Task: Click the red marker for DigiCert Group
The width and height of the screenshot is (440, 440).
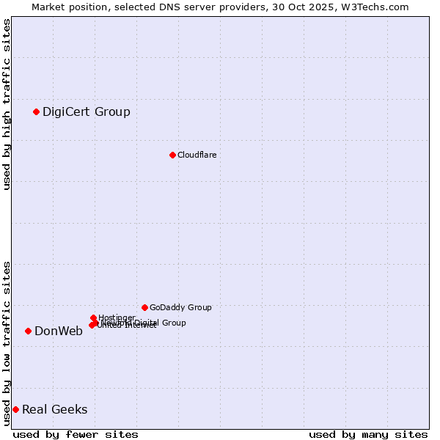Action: [x=36, y=111]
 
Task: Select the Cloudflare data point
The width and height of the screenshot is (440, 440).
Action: [x=172, y=155]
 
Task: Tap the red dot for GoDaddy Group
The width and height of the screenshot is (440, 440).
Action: [x=144, y=307]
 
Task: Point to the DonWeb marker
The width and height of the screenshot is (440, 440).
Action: [x=28, y=331]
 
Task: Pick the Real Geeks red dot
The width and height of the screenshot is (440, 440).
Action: [x=15, y=409]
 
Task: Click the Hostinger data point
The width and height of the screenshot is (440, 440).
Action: [x=93, y=318]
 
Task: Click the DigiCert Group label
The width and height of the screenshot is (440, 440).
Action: [x=86, y=111]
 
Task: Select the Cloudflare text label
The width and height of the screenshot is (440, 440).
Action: [x=197, y=155]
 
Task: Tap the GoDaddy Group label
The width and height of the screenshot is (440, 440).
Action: [x=180, y=307]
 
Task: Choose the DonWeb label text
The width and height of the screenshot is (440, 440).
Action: [x=58, y=331]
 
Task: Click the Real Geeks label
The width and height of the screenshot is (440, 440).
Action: [x=54, y=409]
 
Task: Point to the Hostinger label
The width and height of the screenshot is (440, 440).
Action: [x=117, y=318]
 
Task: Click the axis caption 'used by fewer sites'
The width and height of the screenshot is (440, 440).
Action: [x=76, y=434]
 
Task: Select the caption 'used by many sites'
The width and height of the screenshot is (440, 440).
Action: [x=368, y=434]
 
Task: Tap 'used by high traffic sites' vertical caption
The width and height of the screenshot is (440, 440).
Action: [x=7, y=104]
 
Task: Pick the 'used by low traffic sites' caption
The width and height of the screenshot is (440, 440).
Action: [x=7, y=343]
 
